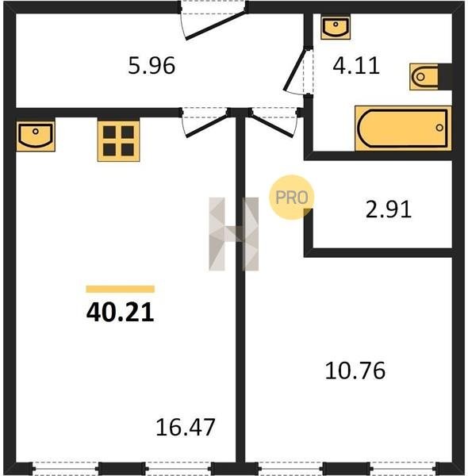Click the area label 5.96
click(x=152, y=66)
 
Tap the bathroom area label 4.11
click(x=356, y=66)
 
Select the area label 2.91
click(x=389, y=209)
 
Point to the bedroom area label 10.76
click(x=355, y=370)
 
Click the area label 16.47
click(x=186, y=428)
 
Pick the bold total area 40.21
click(x=121, y=313)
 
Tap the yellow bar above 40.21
click(x=121, y=289)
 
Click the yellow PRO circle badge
click(x=292, y=198)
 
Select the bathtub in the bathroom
click(x=403, y=128)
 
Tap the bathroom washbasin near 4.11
click(x=336, y=28)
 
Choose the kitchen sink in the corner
click(x=36, y=136)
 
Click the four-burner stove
click(x=119, y=141)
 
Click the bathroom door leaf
click(x=294, y=71)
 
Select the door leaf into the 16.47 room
click(x=207, y=125)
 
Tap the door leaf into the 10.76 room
click(x=271, y=125)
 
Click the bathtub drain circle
click(x=439, y=128)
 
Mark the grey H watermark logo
click(x=234, y=234)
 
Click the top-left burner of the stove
click(x=109, y=132)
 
